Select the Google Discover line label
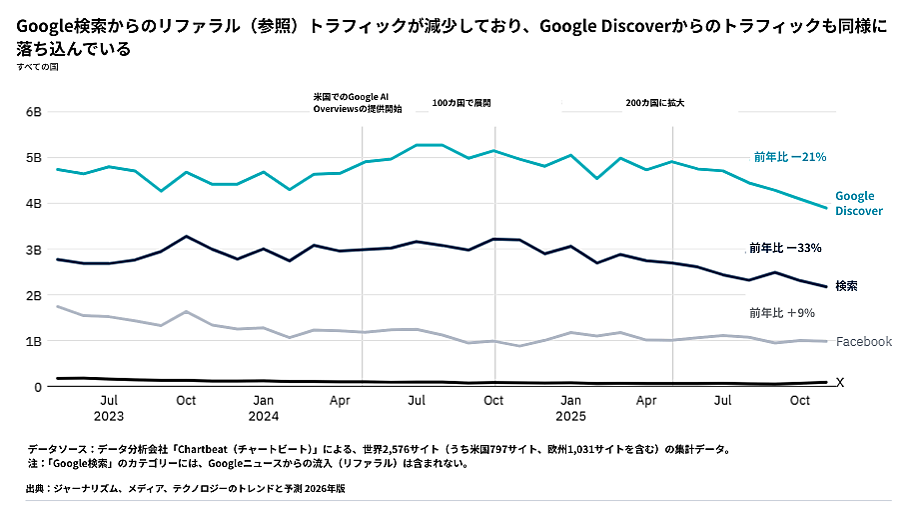coord(858,203)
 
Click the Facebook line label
coord(863,342)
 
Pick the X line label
coord(840,383)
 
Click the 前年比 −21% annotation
coord(789,157)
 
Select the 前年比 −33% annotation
coord(785,248)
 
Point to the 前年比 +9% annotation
coord(781,313)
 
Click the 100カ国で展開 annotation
coord(461,103)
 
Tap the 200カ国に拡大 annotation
coord(654,103)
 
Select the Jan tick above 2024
coord(263,400)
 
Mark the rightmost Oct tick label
coord(800,400)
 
